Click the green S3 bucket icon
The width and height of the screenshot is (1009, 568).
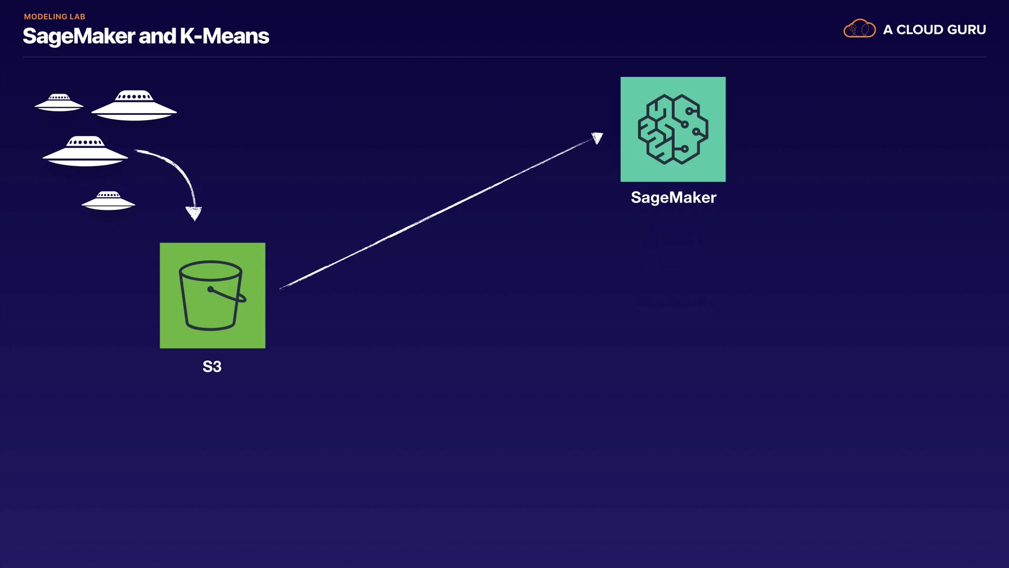click(212, 295)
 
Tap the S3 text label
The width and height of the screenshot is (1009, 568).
click(212, 367)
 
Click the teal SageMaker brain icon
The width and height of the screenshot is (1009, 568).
click(673, 129)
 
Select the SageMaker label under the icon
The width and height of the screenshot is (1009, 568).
click(673, 197)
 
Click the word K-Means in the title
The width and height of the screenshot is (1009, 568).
click(224, 36)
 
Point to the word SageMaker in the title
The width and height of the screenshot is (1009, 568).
click(79, 36)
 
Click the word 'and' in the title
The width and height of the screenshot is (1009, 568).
click(157, 36)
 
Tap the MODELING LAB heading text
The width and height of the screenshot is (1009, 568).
click(55, 17)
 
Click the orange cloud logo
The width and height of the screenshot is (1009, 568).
click(859, 29)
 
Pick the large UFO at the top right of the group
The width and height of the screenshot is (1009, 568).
click(134, 105)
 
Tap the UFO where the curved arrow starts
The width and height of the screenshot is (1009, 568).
click(85, 151)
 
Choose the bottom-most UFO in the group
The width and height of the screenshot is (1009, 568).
click(108, 200)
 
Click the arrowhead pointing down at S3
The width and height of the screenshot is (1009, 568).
click(194, 213)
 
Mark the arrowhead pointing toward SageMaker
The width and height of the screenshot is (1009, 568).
click(597, 138)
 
